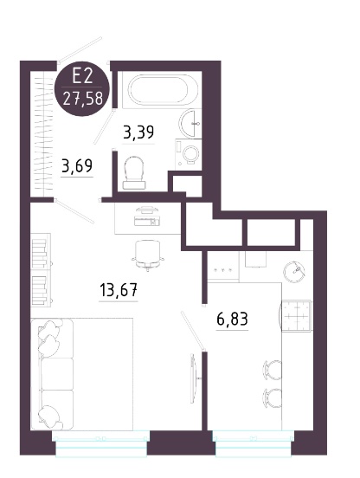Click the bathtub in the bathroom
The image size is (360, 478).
[x=159, y=90]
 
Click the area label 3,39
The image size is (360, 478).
[x=138, y=132]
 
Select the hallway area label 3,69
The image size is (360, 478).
[x=77, y=166]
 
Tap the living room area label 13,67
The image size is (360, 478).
[x=119, y=289]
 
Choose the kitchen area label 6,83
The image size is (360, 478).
[x=232, y=319]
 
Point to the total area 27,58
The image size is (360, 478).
[x=82, y=99]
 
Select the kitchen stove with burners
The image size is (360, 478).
[x=296, y=316]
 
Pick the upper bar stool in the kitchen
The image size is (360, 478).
[x=272, y=370]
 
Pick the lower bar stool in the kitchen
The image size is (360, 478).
[x=272, y=397]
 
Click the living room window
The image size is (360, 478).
[x=101, y=443]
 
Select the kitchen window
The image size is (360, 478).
[x=254, y=443]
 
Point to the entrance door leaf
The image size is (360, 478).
[x=80, y=49]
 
